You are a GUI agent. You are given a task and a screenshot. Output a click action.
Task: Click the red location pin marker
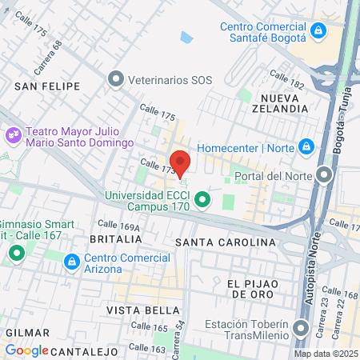click(x=179, y=162)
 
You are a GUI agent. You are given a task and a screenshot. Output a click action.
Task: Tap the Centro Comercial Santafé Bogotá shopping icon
click(x=318, y=31)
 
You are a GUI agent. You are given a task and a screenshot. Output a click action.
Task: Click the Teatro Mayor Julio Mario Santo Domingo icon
click(x=12, y=135)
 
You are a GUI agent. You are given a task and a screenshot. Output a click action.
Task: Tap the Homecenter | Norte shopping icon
click(x=305, y=147)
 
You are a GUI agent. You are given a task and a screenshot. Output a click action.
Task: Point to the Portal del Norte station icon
click(x=324, y=175)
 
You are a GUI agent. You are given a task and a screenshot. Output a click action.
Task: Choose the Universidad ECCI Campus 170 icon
click(x=203, y=199)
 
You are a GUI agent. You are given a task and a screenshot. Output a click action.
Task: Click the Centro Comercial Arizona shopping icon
click(x=71, y=262)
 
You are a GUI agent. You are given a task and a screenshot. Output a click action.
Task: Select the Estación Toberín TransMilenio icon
click(x=301, y=330)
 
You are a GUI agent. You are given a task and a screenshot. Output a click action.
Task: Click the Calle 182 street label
click(x=286, y=78)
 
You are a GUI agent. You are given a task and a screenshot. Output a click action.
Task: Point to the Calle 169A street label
click(x=118, y=226)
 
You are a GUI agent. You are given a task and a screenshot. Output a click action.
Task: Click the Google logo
click(x=27, y=350)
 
